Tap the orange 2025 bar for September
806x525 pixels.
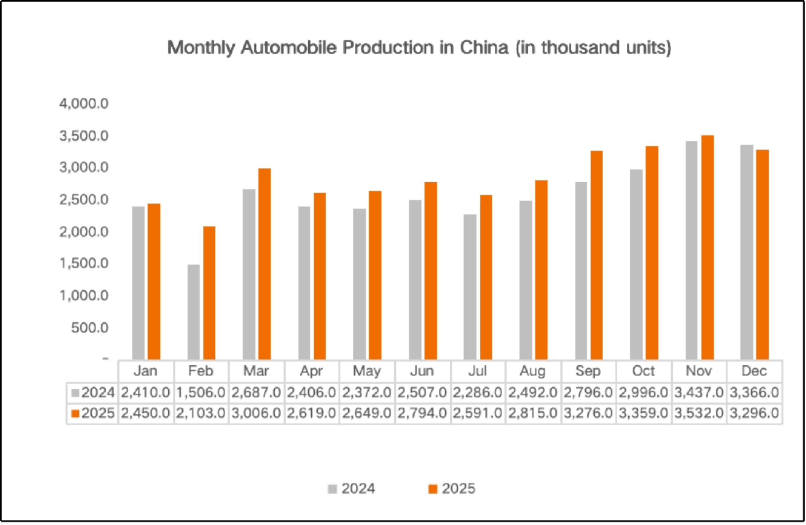pyautogui.click(x=596, y=255)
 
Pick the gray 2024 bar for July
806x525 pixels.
pyautogui.click(x=470, y=287)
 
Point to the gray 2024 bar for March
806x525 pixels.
pyautogui.click(x=249, y=274)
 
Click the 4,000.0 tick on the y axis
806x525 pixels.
pyautogui.click(x=84, y=104)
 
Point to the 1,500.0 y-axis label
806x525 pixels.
pyautogui.click(x=84, y=263)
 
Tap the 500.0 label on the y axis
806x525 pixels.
pyautogui.click(x=90, y=328)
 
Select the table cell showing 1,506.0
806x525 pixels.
pyautogui.click(x=201, y=393)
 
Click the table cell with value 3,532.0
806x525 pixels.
pyautogui.click(x=699, y=413)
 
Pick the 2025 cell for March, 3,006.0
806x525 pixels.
pyautogui.click(x=256, y=413)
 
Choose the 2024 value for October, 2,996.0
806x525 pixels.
pyautogui.click(x=643, y=393)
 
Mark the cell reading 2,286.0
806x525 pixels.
pyautogui.click(x=478, y=393)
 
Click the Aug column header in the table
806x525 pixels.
pyautogui.click(x=533, y=371)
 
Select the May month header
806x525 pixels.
pyautogui.click(x=367, y=371)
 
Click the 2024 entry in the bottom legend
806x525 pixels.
pyautogui.click(x=352, y=489)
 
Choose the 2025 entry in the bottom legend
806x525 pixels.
pyautogui.click(x=452, y=489)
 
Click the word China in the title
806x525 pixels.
pyautogui.click(x=484, y=47)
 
